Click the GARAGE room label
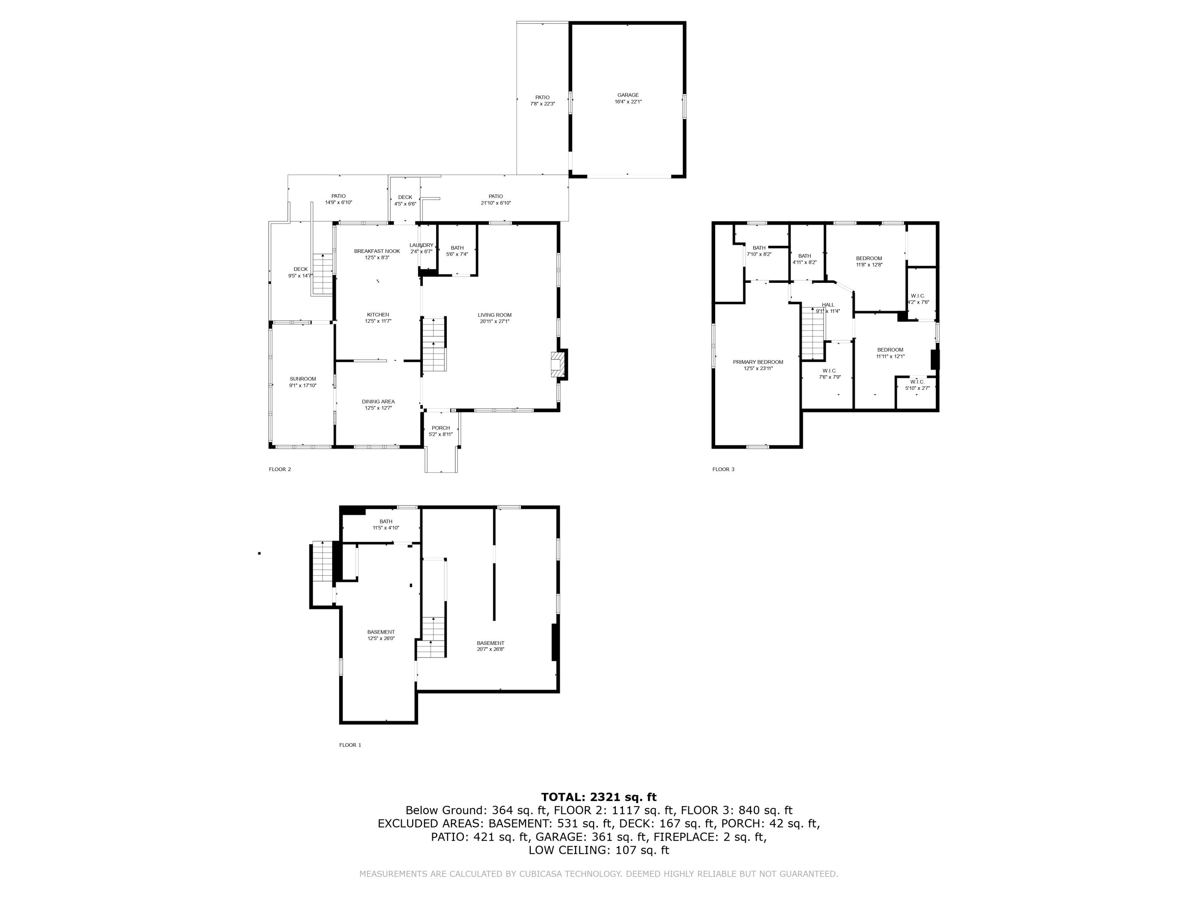click(x=628, y=98)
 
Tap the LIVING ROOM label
click(x=494, y=318)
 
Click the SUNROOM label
click(x=302, y=382)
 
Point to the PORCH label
click(x=440, y=431)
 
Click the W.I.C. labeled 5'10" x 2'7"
click(x=917, y=384)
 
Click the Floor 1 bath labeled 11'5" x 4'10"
click(x=386, y=524)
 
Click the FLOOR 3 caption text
click(x=723, y=469)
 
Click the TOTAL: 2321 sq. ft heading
click(x=599, y=797)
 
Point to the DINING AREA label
click(x=378, y=405)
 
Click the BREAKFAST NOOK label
click(x=377, y=254)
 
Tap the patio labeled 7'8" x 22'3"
click(x=542, y=100)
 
